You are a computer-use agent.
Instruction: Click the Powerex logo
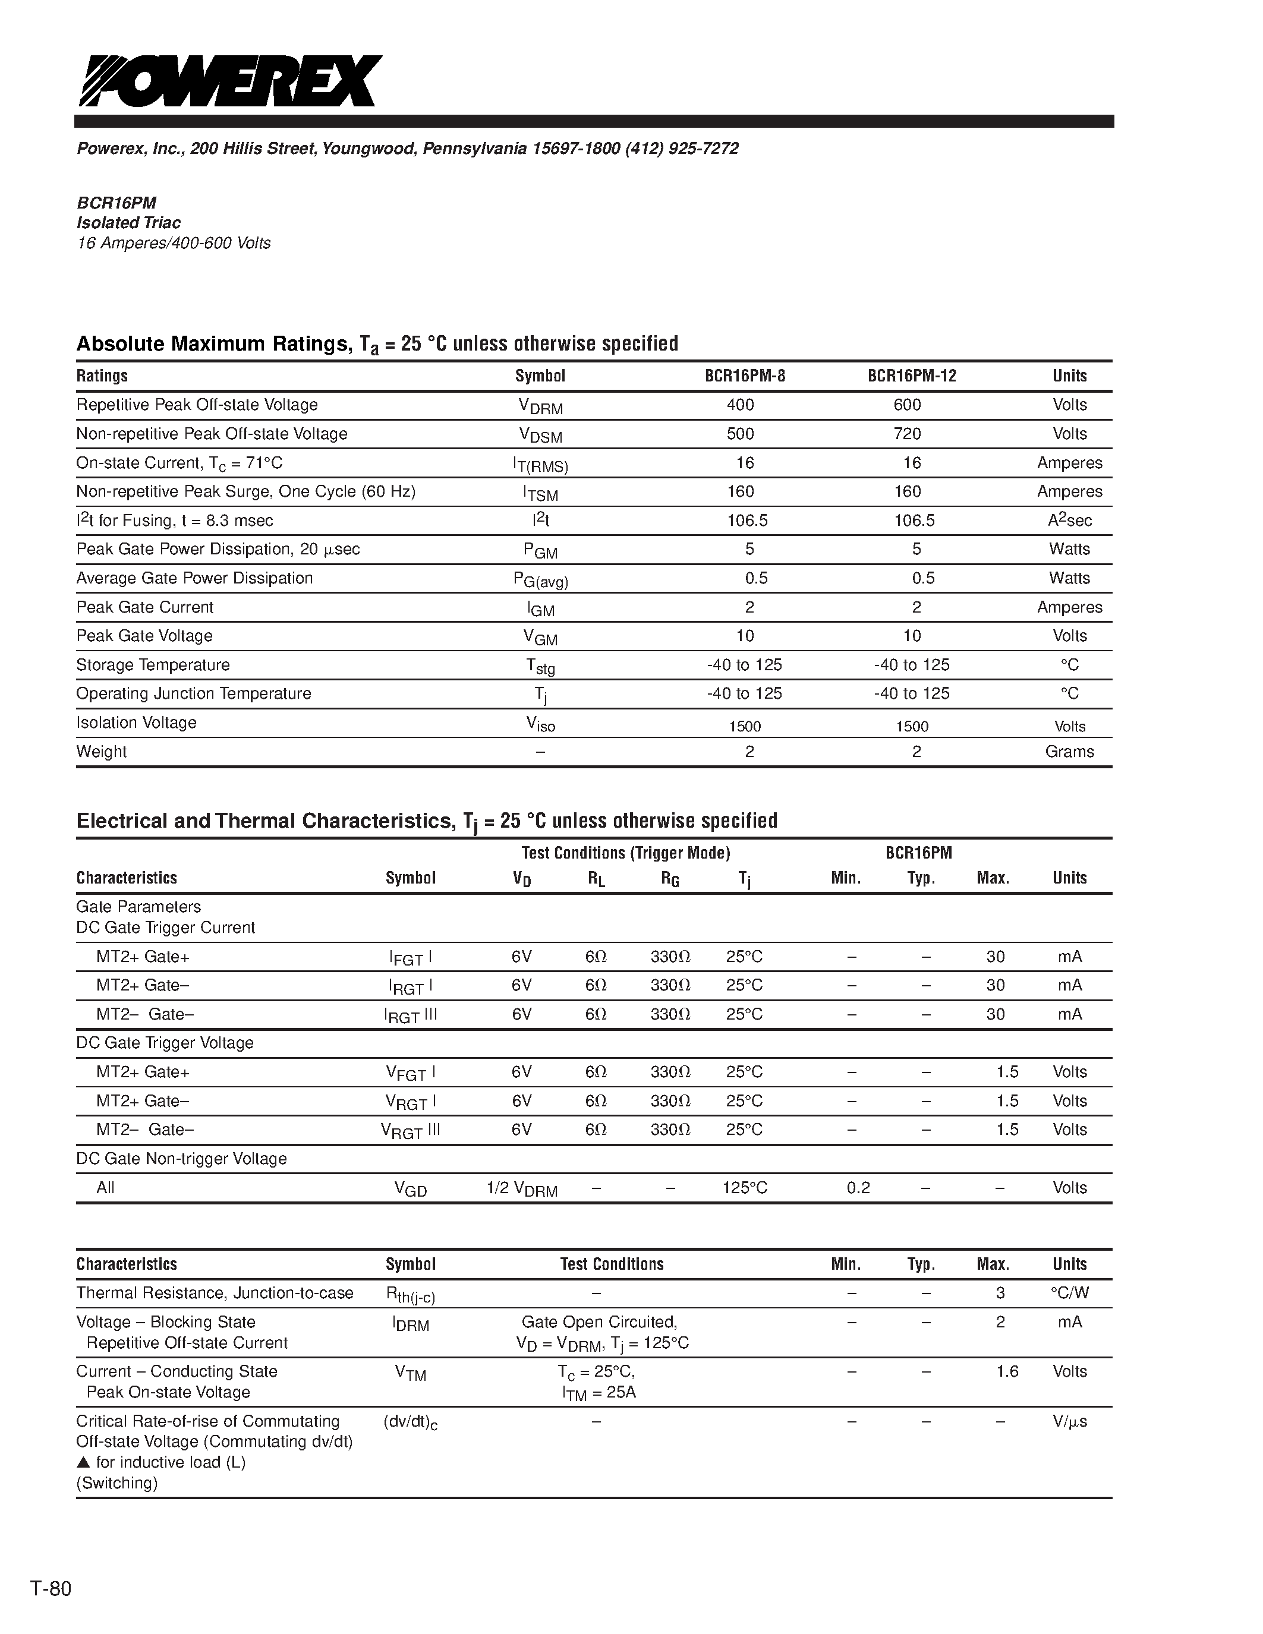tap(231, 81)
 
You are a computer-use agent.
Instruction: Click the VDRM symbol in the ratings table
tap(540, 406)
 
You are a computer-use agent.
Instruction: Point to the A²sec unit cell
tap(1069, 520)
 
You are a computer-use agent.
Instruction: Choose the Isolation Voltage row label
tap(136, 723)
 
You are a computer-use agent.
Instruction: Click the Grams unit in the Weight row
tap(1069, 752)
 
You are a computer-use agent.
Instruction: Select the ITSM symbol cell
tap(540, 493)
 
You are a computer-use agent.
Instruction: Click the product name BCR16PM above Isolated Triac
tap(116, 203)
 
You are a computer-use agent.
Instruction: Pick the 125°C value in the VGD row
tap(745, 1188)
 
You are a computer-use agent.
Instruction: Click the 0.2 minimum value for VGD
tap(858, 1188)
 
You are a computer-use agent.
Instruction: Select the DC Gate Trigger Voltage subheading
tap(165, 1043)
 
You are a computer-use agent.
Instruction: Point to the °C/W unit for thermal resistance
tap(1069, 1293)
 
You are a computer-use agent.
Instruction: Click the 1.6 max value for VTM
tap(1007, 1371)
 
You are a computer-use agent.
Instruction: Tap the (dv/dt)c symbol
tap(410, 1422)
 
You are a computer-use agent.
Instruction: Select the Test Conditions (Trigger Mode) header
tap(625, 853)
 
